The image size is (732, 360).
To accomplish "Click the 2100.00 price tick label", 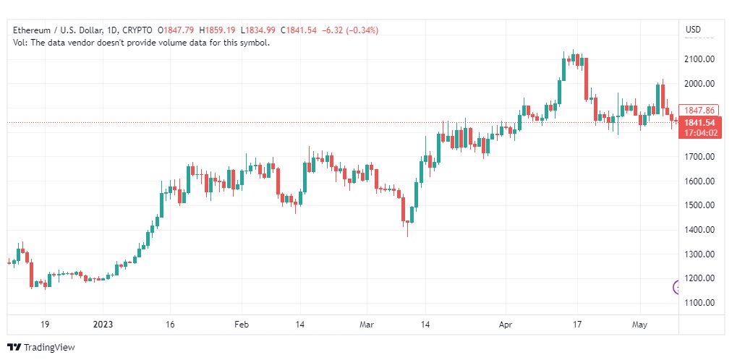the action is click(x=699, y=59).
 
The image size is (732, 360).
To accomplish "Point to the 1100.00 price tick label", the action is click(x=699, y=303).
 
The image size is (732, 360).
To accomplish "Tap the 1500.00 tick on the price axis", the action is click(x=699, y=205).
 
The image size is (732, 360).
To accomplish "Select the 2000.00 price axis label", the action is click(x=699, y=83).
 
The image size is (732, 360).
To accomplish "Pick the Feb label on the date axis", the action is click(x=242, y=325).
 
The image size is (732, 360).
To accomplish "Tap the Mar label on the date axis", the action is click(x=367, y=325).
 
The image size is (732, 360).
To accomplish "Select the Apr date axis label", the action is click(x=506, y=325).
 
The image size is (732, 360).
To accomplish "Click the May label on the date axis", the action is click(x=639, y=325).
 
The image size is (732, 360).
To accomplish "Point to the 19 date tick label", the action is click(x=45, y=325).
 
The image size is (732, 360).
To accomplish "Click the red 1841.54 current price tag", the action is click(x=699, y=123).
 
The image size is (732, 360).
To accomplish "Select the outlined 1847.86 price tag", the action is click(x=699, y=111).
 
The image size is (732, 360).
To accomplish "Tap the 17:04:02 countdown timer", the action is click(x=699, y=133).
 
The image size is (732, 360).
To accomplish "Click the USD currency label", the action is click(x=693, y=30).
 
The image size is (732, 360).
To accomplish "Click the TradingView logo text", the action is click(x=49, y=348).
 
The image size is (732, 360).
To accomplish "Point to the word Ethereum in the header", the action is click(x=31, y=30).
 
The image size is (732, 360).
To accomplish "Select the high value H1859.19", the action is click(x=218, y=30).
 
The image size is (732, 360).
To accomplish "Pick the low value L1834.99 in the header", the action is click(x=259, y=30).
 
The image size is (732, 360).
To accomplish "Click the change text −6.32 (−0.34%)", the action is click(x=350, y=30).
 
